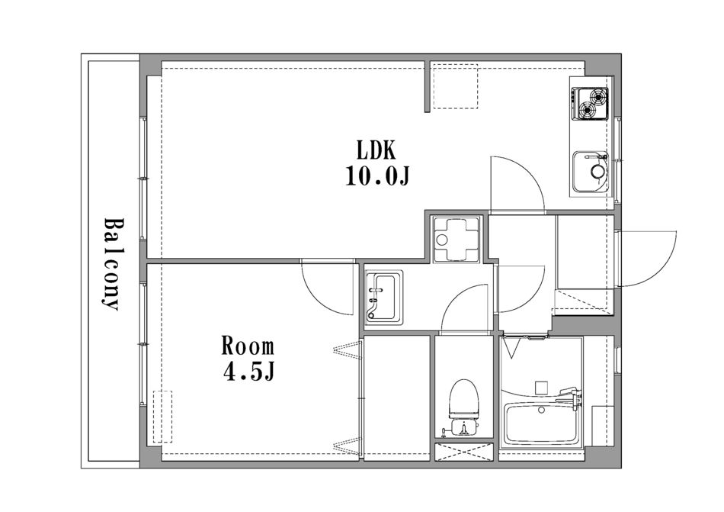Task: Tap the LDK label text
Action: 376,150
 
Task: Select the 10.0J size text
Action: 378,175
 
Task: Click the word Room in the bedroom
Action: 248,346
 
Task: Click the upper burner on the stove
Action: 599,97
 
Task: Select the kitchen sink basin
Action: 591,172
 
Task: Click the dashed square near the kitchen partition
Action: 455,89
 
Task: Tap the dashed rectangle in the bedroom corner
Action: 162,417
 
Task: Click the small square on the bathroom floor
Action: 541,387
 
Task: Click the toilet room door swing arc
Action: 455,298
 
